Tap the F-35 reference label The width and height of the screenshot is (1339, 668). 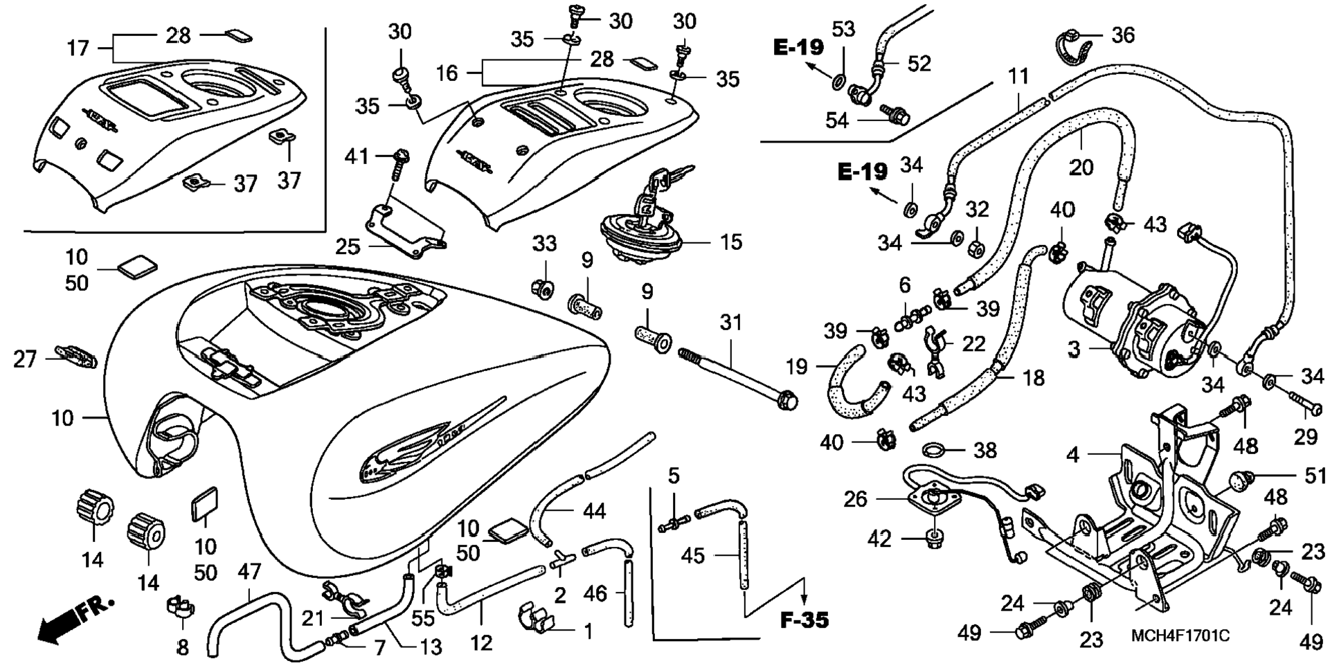[x=805, y=620]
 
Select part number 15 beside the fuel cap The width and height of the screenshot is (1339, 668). [x=730, y=242]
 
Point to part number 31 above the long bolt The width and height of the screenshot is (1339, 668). [x=730, y=323]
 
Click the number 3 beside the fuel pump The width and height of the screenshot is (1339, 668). [x=1073, y=350]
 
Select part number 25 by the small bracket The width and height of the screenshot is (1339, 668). [x=348, y=246]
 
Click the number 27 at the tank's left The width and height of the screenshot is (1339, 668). [x=25, y=359]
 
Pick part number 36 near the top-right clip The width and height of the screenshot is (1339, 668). [x=1123, y=35]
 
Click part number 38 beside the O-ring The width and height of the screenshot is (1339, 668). [x=985, y=450]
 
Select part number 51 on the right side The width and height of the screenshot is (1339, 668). [x=1315, y=476]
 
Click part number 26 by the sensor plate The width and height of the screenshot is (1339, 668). [x=856, y=498]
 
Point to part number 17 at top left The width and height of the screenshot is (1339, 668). [x=78, y=48]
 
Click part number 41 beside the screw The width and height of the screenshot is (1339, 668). [x=357, y=157]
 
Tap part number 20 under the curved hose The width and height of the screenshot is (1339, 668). [x=1081, y=167]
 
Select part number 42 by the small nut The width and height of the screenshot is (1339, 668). [x=879, y=539]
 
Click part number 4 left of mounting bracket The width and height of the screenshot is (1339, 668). [x=1072, y=455]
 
